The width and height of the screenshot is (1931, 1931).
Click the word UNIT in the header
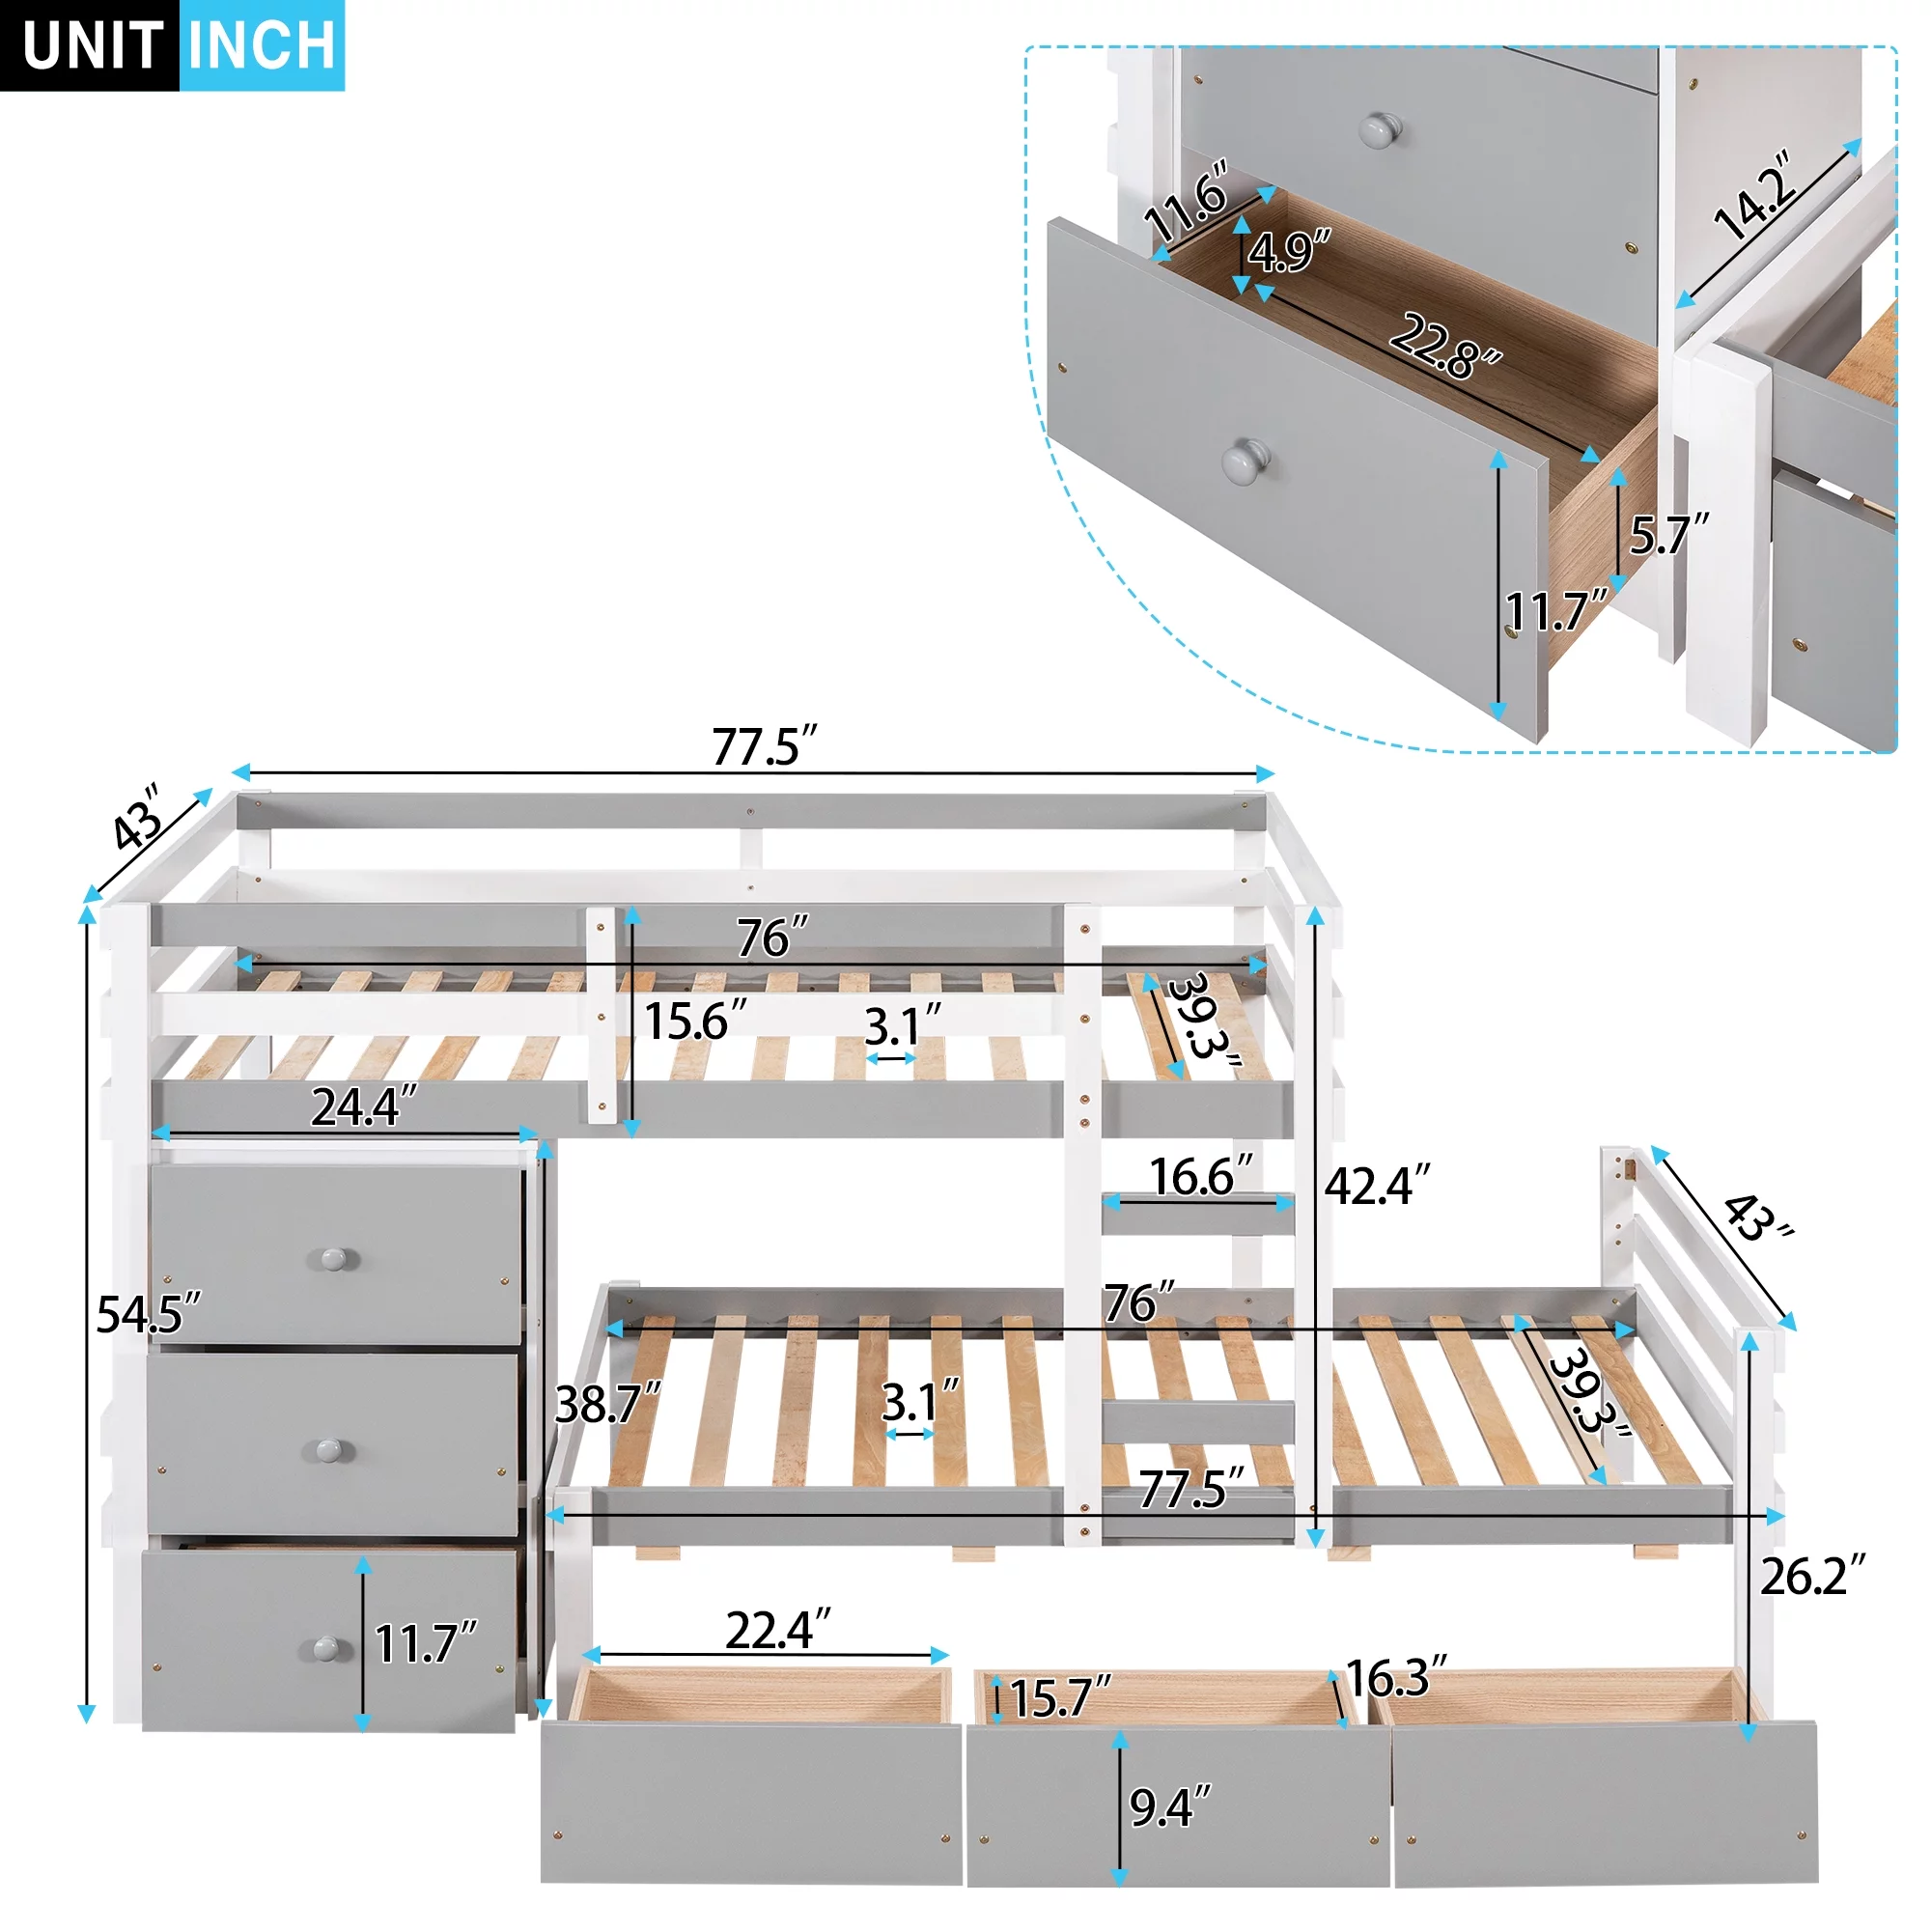click(x=91, y=45)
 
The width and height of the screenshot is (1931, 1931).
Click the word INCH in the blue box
click(x=262, y=45)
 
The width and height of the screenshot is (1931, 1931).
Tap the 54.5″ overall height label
click(x=148, y=1314)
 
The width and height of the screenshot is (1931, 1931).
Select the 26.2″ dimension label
click(x=1812, y=1578)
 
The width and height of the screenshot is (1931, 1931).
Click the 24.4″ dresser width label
click(x=363, y=1107)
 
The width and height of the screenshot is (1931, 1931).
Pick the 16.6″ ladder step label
click(x=1200, y=1177)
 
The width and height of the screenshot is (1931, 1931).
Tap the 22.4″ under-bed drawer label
click(x=777, y=1631)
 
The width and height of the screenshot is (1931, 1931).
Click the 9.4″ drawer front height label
click(x=1169, y=1807)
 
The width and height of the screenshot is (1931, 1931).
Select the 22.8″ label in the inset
click(x=1445, y=346)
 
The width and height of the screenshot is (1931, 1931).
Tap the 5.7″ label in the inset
click(x=1668, y=536)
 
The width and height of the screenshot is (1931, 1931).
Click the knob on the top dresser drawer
click(x=334, y=1258)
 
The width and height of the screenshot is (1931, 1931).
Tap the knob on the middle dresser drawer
click(x=329, y=1449)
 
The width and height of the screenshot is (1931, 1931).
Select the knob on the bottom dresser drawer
click(x=327, y=1648)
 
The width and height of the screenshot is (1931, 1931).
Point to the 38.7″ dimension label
click(x=607, y=1404)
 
